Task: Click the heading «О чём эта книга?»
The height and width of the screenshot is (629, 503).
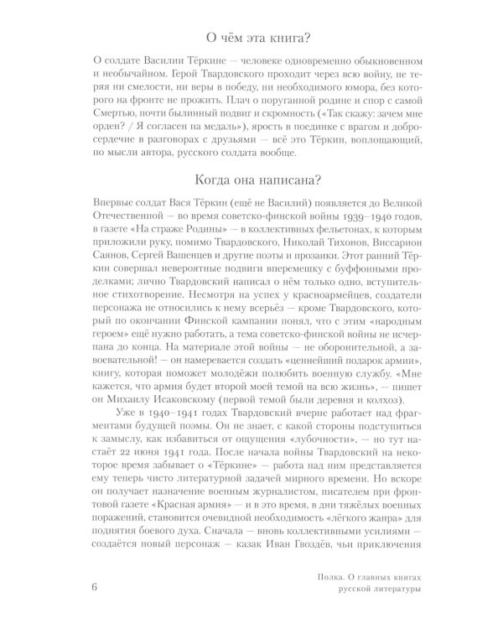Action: [x=251, y=39]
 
